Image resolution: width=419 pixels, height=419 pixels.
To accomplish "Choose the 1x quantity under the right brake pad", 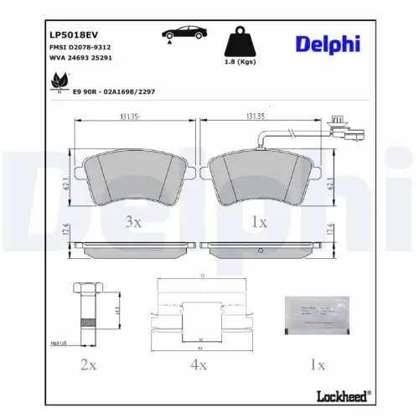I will pos(259,221).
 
